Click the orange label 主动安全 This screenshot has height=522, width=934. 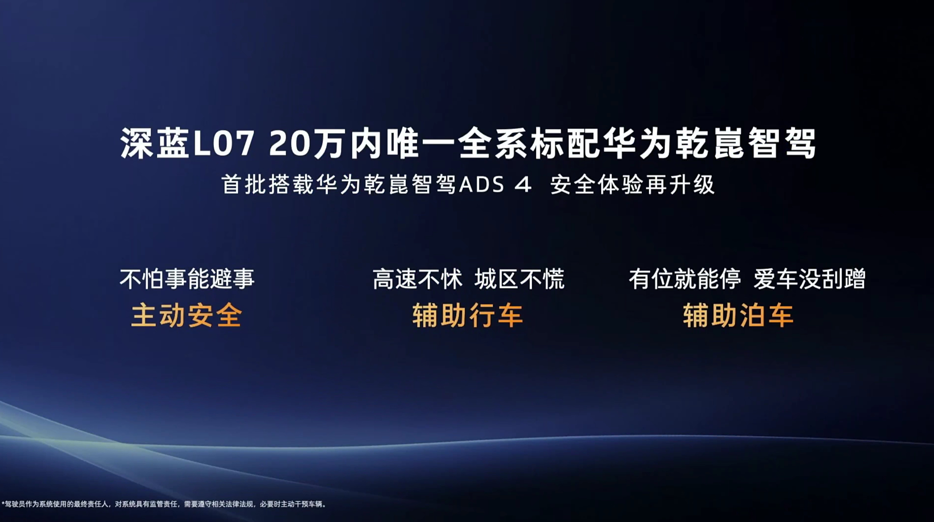(186, 316)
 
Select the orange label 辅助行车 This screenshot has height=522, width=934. (468, 316)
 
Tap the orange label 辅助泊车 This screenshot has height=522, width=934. (738, 316)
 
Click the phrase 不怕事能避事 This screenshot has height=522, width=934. (187, 279)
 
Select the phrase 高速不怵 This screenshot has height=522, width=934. (418, 279)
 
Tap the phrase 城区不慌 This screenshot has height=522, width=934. (520, 279)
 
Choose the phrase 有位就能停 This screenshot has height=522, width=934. (685, 279)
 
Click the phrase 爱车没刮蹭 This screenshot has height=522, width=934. (809, 279)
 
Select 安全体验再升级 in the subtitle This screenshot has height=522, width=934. (632, 185)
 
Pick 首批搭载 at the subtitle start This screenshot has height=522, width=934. (268, 185)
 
